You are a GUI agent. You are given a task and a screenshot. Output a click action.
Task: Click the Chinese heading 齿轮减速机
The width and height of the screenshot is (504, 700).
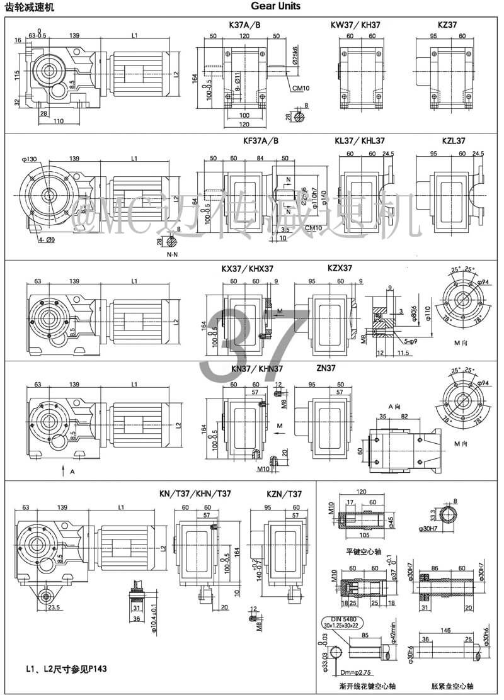tap(27, 8)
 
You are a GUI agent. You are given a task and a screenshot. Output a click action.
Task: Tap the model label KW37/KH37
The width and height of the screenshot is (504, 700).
tap(355, 25)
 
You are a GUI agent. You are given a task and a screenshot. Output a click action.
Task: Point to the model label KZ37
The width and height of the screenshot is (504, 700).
tap(447, 25)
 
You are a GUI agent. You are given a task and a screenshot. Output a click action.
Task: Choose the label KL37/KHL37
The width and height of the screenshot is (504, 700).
tap(360, 142)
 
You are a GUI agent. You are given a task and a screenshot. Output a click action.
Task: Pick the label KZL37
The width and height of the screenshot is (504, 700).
tap(453, 142)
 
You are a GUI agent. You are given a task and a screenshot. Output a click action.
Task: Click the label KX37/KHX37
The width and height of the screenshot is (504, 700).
tap(247, 268)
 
